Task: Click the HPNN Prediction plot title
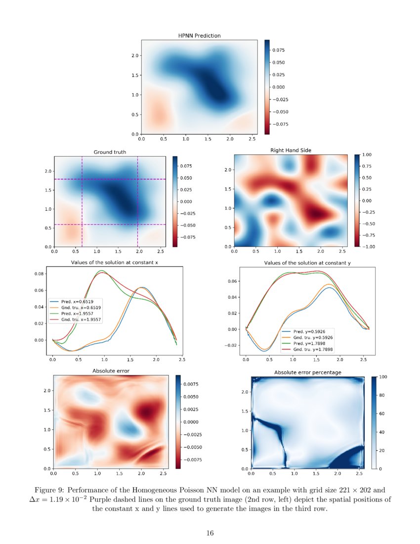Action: pos(199,36)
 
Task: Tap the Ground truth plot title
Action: pos(110,152)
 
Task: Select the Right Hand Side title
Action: pos(291,150)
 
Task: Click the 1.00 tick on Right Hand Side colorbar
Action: pos(368,155)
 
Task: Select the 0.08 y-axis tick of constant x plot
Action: pos(38,273)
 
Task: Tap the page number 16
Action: pos(210,533)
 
